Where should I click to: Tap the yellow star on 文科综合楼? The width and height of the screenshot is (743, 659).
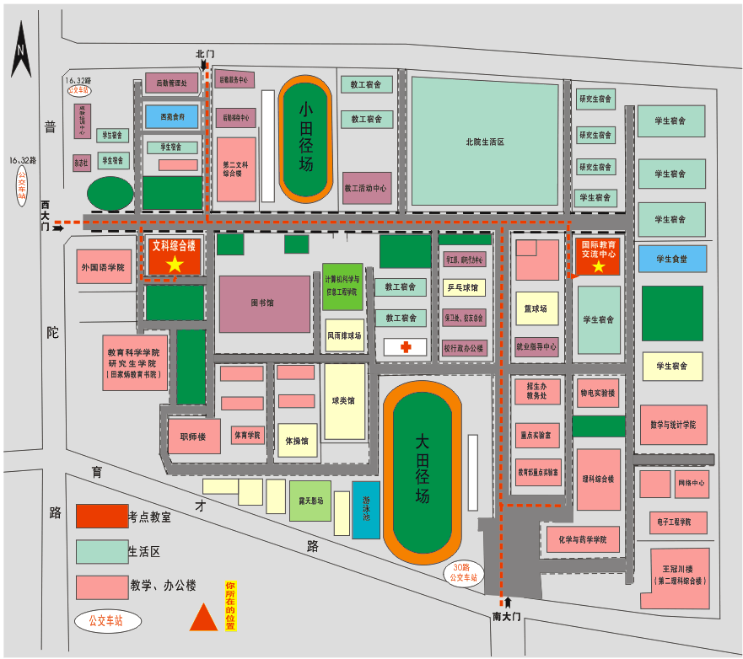(x=175, y=265)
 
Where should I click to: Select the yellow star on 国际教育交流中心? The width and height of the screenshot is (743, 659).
(x=599, y=267)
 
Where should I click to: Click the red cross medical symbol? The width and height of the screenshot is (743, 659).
(x=405, y=346)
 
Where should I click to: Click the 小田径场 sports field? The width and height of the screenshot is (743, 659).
(x=305, y=139)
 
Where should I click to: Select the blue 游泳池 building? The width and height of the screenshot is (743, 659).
(x=366, y=509)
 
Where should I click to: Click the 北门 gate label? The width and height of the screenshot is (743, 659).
(x=205, y=54)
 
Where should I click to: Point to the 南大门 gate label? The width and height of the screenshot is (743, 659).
(x=508, y=616)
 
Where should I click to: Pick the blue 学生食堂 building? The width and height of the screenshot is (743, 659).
(x=671, y=259)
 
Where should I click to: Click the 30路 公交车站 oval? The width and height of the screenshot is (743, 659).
(x=463, y=573)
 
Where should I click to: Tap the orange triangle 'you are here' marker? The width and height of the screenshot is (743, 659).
(x=203, y=619)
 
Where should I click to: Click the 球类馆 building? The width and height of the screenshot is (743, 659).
(x=344, y=401)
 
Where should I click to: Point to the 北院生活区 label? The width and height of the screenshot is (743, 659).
(x=484, y=142)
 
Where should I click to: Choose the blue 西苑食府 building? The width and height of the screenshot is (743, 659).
(x=171, y=116)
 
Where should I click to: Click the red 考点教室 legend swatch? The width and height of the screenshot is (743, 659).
(x=102, y=516)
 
